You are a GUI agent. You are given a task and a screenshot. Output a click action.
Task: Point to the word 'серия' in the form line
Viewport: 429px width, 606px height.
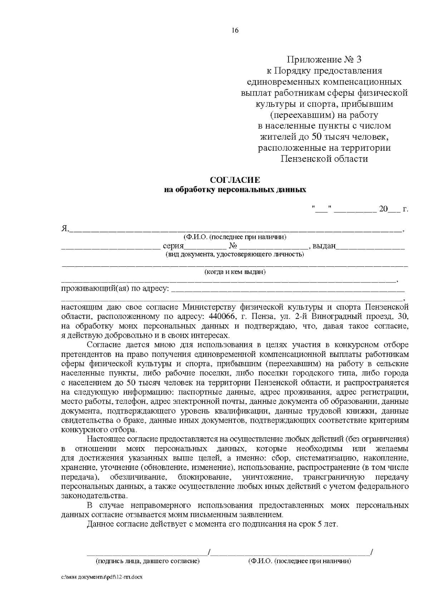(173, 246)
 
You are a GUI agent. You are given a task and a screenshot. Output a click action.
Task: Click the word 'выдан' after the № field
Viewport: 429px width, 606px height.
(324, 246)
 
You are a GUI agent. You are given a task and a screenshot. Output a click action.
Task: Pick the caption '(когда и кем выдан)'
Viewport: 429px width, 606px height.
(235, 272)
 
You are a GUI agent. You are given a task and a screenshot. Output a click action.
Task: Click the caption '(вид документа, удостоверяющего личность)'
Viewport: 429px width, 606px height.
(235, 255)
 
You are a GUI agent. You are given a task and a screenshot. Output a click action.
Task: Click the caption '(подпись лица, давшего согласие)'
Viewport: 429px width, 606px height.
(147, 561)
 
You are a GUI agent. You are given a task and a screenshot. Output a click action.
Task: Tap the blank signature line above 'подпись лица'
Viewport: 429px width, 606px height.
(147, 554)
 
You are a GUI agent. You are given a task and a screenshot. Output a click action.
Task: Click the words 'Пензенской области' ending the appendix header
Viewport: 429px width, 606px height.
(324, 159)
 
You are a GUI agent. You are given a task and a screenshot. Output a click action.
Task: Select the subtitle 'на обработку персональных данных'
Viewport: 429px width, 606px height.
(235, 190)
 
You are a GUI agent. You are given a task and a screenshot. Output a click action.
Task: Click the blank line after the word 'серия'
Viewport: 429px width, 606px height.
(205, 247)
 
